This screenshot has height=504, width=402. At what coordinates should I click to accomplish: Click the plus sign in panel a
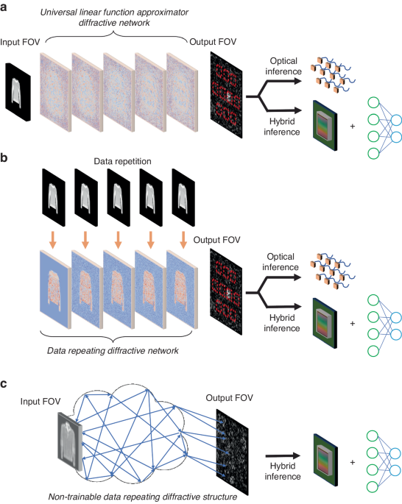(x=352, y=126)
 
